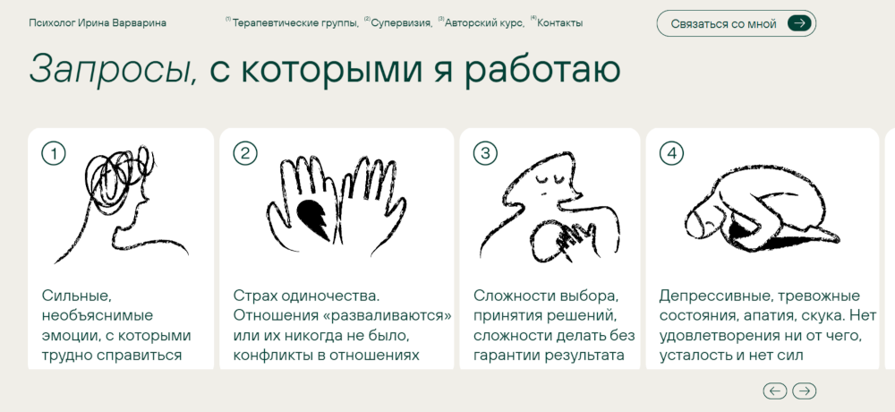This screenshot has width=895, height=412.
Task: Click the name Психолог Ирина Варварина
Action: click(98, 23)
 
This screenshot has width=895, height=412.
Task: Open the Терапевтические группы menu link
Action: click(295, 23)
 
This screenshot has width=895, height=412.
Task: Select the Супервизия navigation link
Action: click(401, 23)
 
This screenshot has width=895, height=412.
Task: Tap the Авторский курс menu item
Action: click(484, 23)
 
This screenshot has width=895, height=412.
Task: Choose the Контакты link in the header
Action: click(560, 23)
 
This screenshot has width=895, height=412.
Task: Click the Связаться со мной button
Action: click(737, 23)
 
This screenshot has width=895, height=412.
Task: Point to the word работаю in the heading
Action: click(541, 69)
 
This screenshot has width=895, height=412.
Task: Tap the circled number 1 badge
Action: click(54, 153)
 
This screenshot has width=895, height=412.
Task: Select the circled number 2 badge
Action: click(245, 153)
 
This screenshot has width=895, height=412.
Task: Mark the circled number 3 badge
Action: click(485, 153)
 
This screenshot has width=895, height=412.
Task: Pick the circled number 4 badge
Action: click(671, 153)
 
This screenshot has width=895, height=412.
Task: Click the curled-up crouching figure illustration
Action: click(762, 209)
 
